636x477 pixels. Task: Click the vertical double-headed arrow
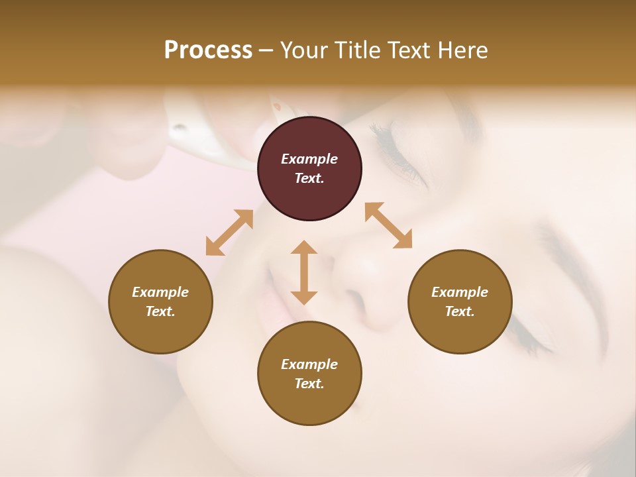tap(304, 272)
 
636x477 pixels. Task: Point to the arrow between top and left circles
tap(229, 233)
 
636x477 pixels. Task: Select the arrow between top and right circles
tap(388, 225)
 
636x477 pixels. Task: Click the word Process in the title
tap(208, 50)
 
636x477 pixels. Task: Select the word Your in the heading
tap(305, 50)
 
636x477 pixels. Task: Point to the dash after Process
tap(266, 50)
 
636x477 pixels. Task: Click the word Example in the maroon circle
tap(309, 159)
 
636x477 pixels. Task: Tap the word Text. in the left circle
tap(160, 311)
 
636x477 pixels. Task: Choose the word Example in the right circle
tap(460, 292)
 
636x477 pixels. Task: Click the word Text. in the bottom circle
tap(309, 384)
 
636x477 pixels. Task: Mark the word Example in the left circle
tap(160, 292)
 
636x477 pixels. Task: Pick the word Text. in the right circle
tap(460, 311)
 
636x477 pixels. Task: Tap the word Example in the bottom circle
tap(309, 364)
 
